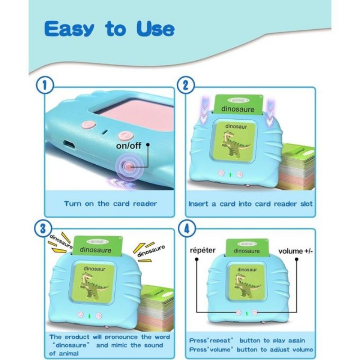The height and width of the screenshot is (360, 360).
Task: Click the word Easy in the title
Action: pyautogui.click(x=69, y=29)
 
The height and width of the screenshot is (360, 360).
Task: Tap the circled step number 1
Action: pyautogui.click(x=45, y=85)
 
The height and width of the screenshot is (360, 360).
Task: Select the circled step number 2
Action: pyautogui.click(x=186, y=85)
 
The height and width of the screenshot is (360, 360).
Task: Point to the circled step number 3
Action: pyautogui.click(x=43, y=229)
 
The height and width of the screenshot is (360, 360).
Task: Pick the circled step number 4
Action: pyautogui.click(x=187, y=229)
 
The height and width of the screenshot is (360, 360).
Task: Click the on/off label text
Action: pyautogui.click(x=129, y=145)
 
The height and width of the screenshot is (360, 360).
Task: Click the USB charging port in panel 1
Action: pyautogui.click(x=69, y=144)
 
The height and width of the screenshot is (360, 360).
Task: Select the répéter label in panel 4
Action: pyautogui.click(x=203, y=250)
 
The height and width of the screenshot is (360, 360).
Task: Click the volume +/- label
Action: pyautogui.click(x=296, y=251)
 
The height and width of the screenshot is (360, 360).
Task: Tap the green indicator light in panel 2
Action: pyautogui.click(x=230, y=175)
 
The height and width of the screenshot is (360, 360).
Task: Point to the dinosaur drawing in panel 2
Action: pyautogui.click(x=234, y=144)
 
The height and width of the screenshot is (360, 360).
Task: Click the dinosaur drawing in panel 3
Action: pyautogui.click(x=93, y=286)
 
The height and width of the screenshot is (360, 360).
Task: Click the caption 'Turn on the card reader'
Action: pyautogui.click(x=110, y=204)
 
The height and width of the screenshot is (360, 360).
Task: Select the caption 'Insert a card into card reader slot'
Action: pyautogui.click(x=251, y=204)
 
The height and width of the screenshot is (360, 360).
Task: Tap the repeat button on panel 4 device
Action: pyautogui.click(x=238, y=312)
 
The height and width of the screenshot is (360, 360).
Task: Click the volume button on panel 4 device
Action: pyautogui.click(x=255, y=312)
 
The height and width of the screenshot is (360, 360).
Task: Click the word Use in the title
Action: pyautogui.click(x=155, y=29)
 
